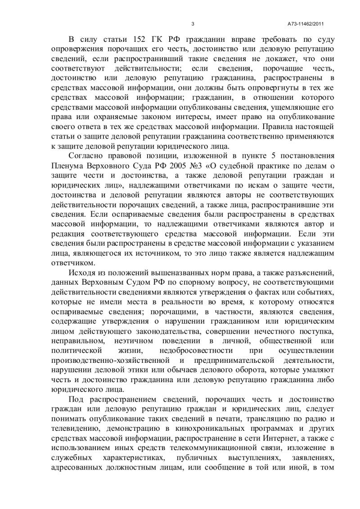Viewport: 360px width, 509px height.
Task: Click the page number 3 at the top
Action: point(193,24)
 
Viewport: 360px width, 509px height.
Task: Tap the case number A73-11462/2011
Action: point(306,24)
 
